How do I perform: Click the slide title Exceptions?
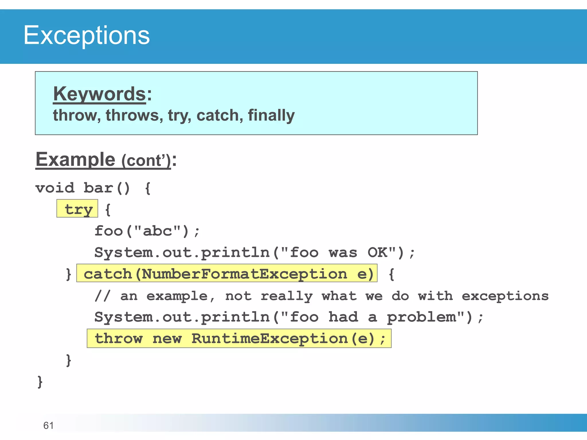[x=86, y=35]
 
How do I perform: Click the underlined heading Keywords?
[x=99, y=94]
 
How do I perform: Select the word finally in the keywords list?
[x=271, y=115]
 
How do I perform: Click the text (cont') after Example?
[x=146, y=160]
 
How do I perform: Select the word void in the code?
[x=55, y=188]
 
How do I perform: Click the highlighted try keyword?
[x=78, y=209]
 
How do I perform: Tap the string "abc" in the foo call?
[x=157, y=231]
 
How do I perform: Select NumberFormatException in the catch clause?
[x=244, y=274]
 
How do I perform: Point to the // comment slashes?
[x=102, y=296]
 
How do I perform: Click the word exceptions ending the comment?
[x=505, y=296]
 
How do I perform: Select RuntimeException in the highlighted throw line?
[x=269, y=339]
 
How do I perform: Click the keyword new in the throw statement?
[x=167, y=339]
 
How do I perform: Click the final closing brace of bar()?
[x=40, y=382]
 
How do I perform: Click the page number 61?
[x=48, y=425]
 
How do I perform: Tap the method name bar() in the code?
[x=107, y=188]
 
